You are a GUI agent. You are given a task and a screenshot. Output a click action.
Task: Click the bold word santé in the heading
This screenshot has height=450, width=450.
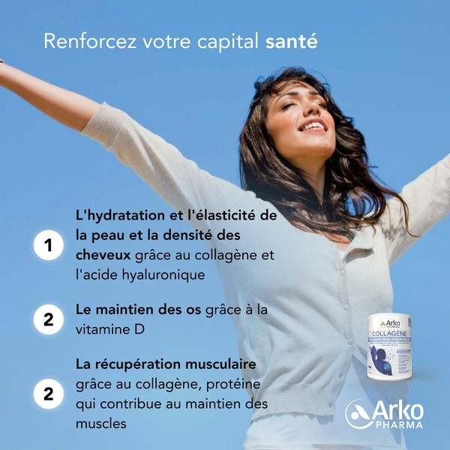tap(292, 40)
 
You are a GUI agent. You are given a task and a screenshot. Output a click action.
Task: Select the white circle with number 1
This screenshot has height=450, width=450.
tap(48, 245)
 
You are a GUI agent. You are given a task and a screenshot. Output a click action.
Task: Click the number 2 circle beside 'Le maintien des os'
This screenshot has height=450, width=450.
tap(48, 319)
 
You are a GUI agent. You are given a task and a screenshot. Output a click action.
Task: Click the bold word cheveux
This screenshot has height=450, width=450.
tap(101, 255)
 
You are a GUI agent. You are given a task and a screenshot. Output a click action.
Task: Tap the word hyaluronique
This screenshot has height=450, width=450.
tap(163, 275)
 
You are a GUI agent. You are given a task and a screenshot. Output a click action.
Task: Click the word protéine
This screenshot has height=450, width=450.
tap(237, 384)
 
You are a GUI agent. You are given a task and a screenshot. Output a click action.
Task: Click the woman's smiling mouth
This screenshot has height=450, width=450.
tap(310, 125)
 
